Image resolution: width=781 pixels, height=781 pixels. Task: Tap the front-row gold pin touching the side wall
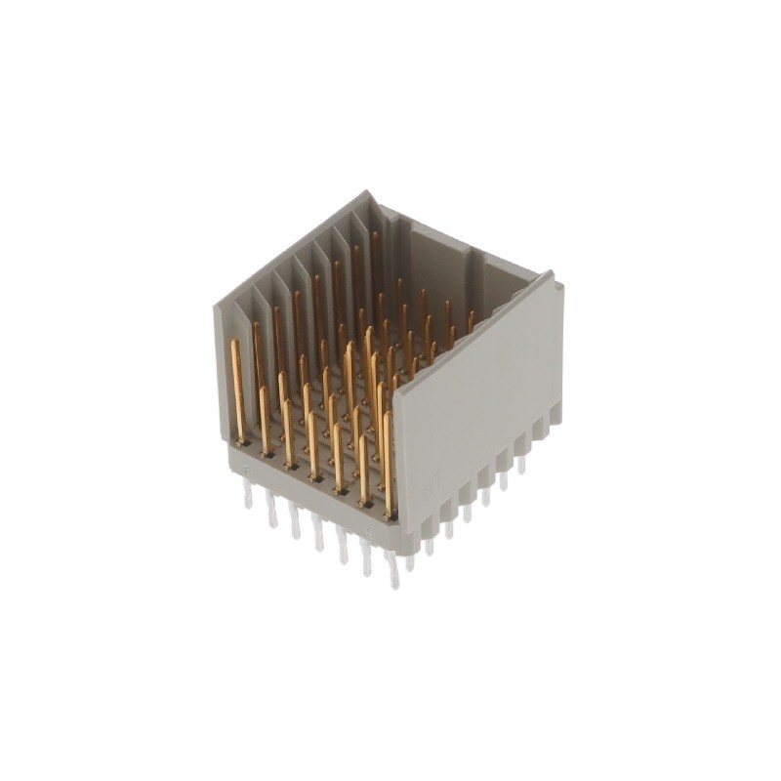[x=389, y=464]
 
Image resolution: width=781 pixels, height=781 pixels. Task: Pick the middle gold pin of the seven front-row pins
[x=312, y=444]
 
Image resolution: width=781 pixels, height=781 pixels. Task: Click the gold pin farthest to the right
[x=471, y=322]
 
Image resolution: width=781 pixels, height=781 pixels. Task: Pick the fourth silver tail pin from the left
[x=318, y=536]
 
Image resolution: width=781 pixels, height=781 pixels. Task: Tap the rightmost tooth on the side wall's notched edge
[x=555, y=414]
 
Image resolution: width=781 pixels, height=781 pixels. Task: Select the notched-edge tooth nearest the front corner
[x=412, y=541]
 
